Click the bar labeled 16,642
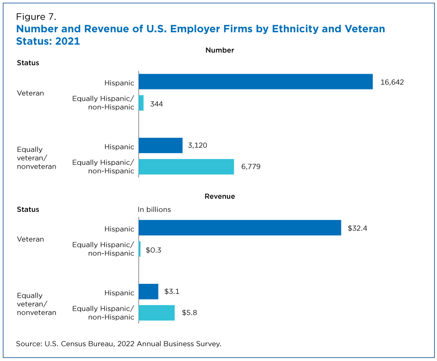pos(256,82)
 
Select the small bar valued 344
pos(141,103)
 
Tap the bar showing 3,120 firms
pos(160,146)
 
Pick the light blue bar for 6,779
pos(186,167)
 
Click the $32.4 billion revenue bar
pos(240,228)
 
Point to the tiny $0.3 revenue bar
pos(140,249)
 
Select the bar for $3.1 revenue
pos(148,292)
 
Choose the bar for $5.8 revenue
pos(156,313)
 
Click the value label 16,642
pos(392,82)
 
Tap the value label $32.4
pos(357,228)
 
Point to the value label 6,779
pos(251,167)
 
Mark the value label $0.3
pos(153,250)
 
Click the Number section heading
pos(220,50)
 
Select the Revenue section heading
pos(220,196)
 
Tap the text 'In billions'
pos(154,209)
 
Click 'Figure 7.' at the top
pos(36,17)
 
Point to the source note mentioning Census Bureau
pos(119,344)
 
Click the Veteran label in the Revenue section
pos(31,239)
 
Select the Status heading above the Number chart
pos(28,63)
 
